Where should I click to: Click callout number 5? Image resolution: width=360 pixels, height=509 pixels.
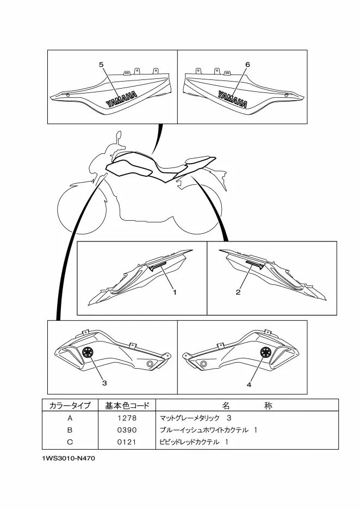(x=101, y=64)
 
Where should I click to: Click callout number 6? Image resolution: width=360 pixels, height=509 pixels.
(x=247, y=64)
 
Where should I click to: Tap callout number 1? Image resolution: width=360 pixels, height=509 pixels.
(x=175, y=293)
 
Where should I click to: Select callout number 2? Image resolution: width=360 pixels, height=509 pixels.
(x=238, y=293)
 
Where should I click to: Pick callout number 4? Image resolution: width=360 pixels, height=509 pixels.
(x=249, y=384)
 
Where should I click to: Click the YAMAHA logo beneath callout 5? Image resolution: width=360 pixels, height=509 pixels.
(x=121, y=100)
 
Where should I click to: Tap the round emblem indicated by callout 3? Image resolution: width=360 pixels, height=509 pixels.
(x=88, y=353)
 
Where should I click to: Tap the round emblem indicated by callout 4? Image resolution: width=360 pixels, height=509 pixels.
(x=266, y=352)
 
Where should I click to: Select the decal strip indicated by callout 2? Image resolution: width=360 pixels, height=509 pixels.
(x=255, y=264)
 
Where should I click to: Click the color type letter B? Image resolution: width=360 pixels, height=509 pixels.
(x=70, y=430)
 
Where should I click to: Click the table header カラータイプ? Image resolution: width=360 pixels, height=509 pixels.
(x=70, y=406)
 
